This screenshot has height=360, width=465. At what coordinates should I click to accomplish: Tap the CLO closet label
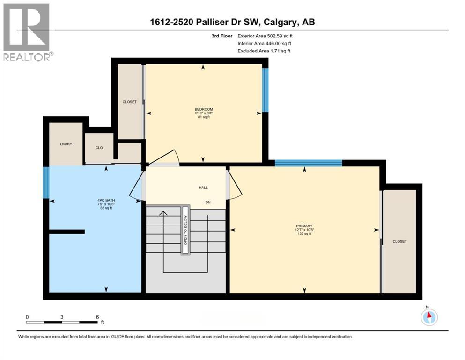(x=99, y=148)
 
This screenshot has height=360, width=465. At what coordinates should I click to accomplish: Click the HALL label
(x=203, y=187)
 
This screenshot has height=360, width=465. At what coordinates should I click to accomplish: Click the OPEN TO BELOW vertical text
(x=185, y=230)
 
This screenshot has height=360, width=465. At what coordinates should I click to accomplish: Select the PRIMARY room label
(x=304, y=225)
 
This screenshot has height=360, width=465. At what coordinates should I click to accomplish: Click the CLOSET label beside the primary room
(x=399, y=241)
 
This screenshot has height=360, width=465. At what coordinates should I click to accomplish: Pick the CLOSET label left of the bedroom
(x=129, y=102)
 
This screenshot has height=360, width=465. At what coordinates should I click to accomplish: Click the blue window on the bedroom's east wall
(x=265, y=90)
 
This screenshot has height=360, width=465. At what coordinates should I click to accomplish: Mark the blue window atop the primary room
(x=308, y=163)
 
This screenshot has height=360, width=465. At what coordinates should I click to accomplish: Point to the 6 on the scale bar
(x=97, y=317)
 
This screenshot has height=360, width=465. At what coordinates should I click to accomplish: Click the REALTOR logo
(x=26, y=32)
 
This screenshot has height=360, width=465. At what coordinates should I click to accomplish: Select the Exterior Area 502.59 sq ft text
(x=267, y=36)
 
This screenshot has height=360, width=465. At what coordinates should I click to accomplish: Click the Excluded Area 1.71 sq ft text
(x=264, y=51)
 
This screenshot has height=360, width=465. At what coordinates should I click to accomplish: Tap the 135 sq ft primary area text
(x=304, y=233)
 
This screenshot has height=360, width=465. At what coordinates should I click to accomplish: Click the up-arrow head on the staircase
(x=163, y=214)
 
